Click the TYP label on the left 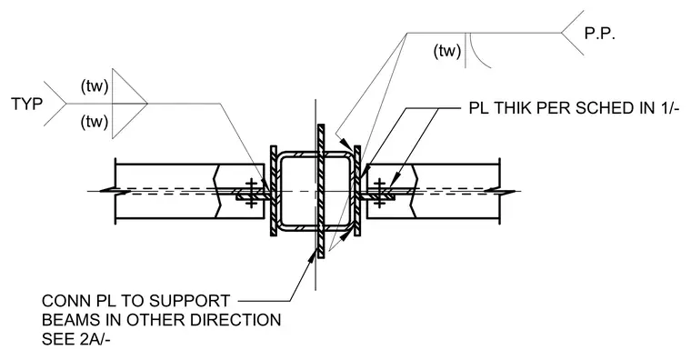pos(27,104)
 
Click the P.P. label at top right pos(599,34)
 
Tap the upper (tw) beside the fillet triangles pos(95,86)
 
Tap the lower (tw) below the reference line pos(95,121)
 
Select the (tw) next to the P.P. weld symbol pos(447,51)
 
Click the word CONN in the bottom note pos(65,301)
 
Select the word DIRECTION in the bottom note pos(237,320)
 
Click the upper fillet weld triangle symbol pos(129,86)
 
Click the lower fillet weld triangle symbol pos(129,121)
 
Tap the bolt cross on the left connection pos(251,193)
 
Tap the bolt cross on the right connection pos(380,193)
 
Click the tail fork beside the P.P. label pos(573,33)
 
